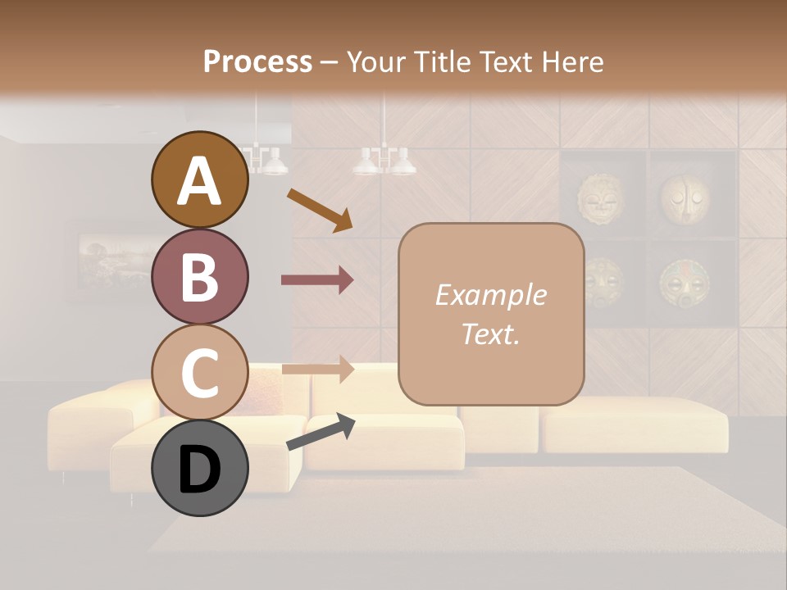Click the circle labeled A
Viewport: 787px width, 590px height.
199,180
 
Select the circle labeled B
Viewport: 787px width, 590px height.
199,276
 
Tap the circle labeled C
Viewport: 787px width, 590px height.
199,372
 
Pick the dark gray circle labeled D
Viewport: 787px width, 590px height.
199,468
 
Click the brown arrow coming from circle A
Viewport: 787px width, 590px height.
319,209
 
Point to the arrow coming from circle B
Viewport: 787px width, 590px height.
317,279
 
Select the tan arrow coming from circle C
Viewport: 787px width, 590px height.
317,370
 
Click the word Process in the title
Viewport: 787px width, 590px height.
257,61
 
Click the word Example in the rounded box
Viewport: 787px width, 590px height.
490,295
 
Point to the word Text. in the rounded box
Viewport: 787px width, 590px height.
490,334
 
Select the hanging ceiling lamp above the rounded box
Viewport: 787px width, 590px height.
384,160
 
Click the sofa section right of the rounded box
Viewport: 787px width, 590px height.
635,424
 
